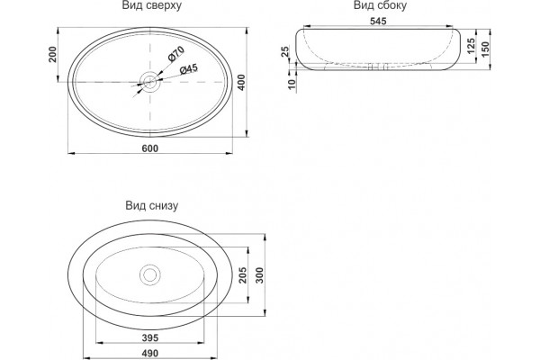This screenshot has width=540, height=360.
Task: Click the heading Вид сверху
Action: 151,6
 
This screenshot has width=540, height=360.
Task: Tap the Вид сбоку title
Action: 380,5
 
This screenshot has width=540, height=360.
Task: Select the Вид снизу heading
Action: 151,206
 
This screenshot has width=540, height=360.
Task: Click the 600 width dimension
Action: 150,148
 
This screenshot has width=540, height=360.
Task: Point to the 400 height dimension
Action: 242,82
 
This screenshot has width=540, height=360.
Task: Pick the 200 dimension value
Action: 52,54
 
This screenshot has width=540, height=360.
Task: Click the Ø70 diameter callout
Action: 176,54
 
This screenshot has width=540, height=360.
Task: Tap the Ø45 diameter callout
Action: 189,69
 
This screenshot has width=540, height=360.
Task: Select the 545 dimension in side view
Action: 378,21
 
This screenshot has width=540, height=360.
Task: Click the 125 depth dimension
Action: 471,46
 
